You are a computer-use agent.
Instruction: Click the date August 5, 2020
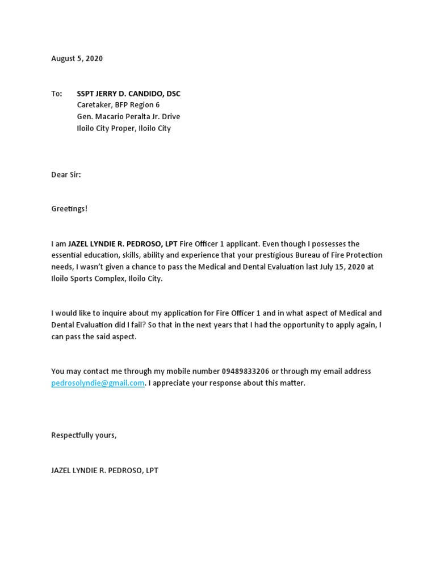(77, 58)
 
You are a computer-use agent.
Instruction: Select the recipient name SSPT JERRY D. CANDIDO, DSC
(129, 94)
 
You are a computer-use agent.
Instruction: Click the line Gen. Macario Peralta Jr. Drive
(128, 117)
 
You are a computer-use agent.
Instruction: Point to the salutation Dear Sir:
(66, 175)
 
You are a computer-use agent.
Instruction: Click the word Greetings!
(70, 209)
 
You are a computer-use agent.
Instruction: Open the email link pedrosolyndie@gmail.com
(98, 383)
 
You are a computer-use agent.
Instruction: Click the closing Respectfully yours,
(84, 435)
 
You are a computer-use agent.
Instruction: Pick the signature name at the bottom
(109, 470)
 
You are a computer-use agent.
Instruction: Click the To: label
(57, 94)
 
